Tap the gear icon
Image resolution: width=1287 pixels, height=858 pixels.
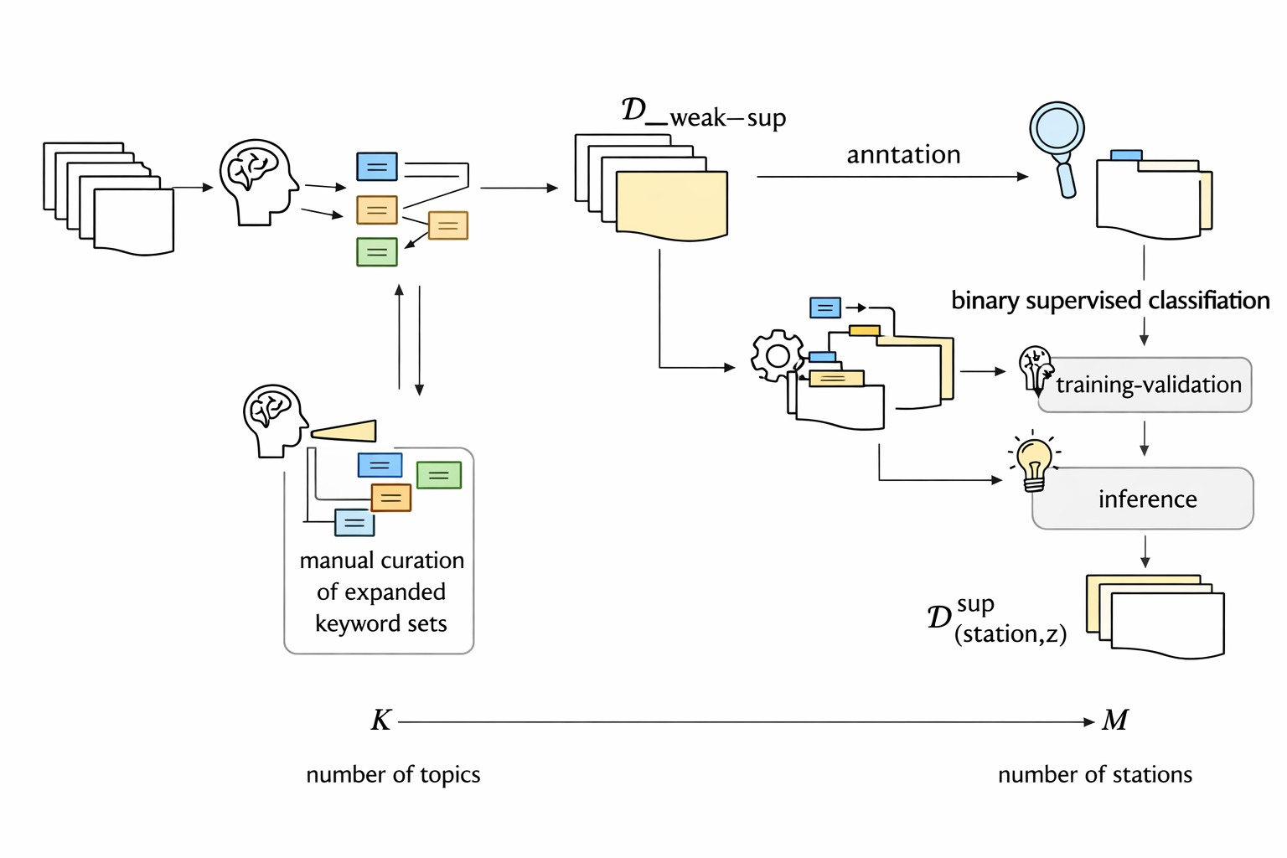click(x=778, y=356)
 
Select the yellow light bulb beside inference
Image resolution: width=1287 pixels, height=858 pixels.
click(x=1035, y=463)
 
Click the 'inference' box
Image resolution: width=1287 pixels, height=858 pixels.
click(x=1143, y=499)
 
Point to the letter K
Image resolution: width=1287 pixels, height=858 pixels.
click(x=381, y=721)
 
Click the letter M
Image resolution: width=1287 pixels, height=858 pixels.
click(x=1115, y=721)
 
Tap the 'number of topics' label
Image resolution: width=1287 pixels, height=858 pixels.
click(x=393, y=774)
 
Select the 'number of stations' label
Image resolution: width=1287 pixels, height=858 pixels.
click(x=1094, y=774)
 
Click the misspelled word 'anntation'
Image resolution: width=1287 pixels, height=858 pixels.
click(x=903, y=155)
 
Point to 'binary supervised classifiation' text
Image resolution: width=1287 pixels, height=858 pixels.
click(x=1110, y=300)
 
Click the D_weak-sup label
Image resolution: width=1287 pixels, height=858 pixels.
click(x=704, y=114)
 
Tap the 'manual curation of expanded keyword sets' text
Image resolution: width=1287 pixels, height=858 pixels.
click(x=381, y=592)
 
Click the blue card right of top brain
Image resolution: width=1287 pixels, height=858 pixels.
click(x=377, y=167)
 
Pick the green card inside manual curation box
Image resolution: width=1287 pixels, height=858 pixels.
click(x=439, y=475)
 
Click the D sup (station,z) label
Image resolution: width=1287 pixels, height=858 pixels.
click(x=997, y=619)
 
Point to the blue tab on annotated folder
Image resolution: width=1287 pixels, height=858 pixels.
click(x=1126, y=155)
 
